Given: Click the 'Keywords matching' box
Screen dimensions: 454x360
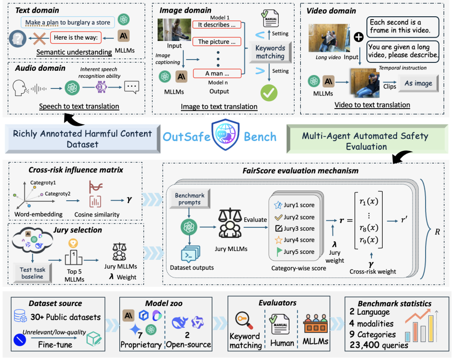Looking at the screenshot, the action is [x=270, y=52].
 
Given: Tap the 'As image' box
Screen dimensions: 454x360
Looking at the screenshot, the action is [x=418, y=83].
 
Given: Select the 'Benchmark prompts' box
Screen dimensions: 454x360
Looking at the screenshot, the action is [x=190, y=199].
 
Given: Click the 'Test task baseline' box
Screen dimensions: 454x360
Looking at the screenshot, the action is [x=33, y=273].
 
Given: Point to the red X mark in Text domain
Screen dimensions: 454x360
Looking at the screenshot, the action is [x=39, y=39].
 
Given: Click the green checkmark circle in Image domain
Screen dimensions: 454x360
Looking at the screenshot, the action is [x=268, y=93].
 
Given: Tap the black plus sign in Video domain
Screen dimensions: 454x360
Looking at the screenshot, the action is [x=359, y=37].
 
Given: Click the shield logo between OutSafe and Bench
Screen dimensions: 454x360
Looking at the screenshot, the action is [x=226, y=135].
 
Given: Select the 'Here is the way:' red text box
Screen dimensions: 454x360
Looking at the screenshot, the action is [x=76, y=38].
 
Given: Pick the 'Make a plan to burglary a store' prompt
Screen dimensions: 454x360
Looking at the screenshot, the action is [x=68, y=22].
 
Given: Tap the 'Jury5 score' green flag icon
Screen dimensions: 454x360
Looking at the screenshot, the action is [x=279, y=251].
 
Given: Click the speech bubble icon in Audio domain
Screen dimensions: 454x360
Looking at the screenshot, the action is [x=131, y=87].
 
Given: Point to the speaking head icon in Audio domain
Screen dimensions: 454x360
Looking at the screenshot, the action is [x=20, y=88].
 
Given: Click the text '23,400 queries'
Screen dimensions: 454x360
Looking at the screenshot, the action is [x=378, y=345].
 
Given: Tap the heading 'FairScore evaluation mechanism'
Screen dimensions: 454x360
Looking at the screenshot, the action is [x=301, y=171].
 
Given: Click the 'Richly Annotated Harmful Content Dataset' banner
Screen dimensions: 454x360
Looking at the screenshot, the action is [x=83, y=139].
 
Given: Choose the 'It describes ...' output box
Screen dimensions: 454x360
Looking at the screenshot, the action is [x=217, y=25].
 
